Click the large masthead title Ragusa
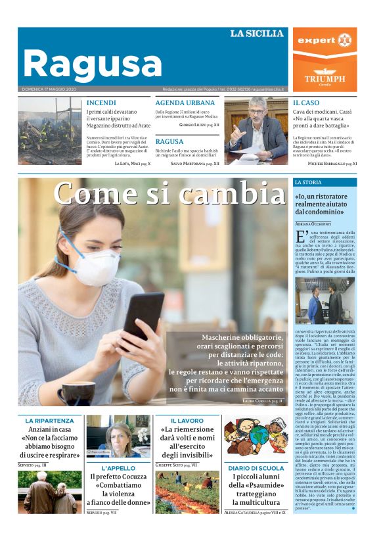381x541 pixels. tap(92, 64)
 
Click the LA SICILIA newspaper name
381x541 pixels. tap(256, 34)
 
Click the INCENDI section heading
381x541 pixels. tap(101, 103)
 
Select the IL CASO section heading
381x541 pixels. tap(306, 103)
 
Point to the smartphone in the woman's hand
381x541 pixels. tap(143, 315)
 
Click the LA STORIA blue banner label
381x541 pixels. tap(308, 181)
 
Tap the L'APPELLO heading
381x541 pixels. tap(118, 469)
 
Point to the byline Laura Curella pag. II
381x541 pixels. tap(262, 400)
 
